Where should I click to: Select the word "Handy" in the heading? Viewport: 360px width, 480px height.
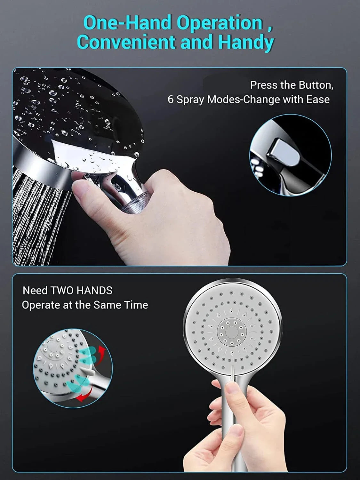coord(246,43)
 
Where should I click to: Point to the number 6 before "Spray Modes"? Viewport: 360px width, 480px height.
coord(171,100)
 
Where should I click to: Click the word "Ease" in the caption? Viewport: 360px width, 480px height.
coord(318,100)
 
